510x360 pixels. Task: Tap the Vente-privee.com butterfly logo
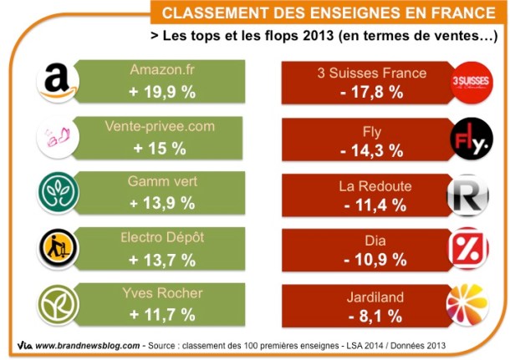click(59, 138)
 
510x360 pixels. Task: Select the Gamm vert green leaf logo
click(59, 193)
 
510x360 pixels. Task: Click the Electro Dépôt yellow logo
click(59, 249)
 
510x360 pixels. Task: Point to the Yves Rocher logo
click(59, 305)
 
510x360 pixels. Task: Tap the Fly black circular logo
click(472, 138)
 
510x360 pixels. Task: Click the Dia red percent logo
click(470, 249)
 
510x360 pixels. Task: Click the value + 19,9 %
click(163, 90)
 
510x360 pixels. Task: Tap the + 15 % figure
click(163, 148)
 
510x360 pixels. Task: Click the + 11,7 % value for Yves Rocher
click(163, 314)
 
